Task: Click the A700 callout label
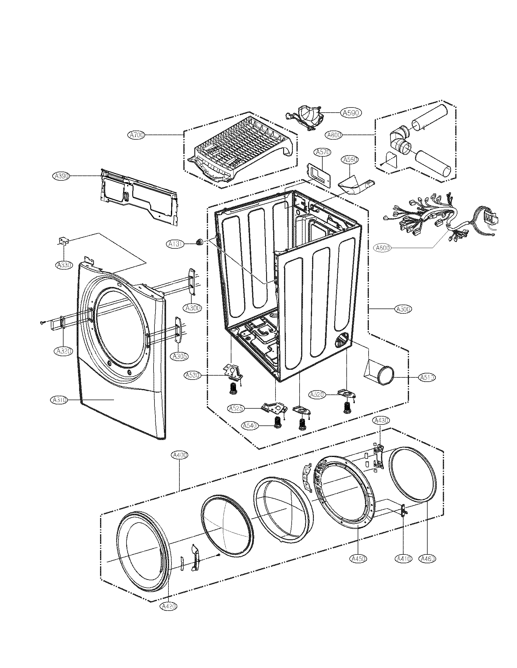click(x=136, y=135)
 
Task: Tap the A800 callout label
click(x=334, y=135)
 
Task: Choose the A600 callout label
click(x=383, y=248)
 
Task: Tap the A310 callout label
click(x=59, y=400)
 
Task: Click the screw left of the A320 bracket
click(x=42, y=322)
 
